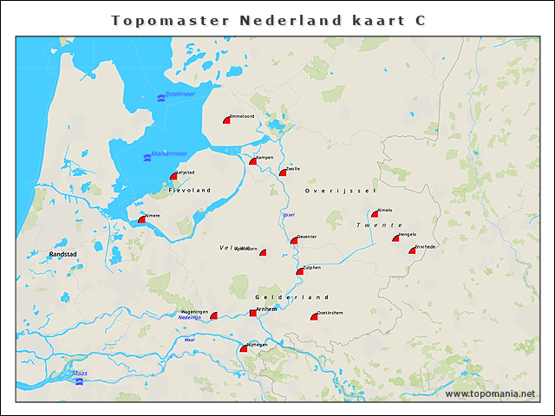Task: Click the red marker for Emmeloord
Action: [x=227, y=120]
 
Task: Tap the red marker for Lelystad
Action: [x=174, y=177]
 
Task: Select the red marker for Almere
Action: [x=142, y=219]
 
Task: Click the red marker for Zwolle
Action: [x=283, y=172]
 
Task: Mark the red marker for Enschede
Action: [x=414, y=250]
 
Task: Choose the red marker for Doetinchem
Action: [x=315, y=316]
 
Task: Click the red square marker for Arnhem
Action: [x=253, y=312]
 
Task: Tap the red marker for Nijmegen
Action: [x=244, y=348]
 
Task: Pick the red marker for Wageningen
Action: [x=214, y=315]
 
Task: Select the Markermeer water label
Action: [x=169, y=153]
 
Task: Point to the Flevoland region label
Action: [x=190, y=190]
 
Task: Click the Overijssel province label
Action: [x=342, y=190]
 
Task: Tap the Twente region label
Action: [x=379, y=224]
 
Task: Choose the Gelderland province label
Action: [x=293, y=297]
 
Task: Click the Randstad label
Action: [x=63, y=254]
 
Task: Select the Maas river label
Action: [x=80, y=374]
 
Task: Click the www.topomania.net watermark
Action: [x=490, y=393]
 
